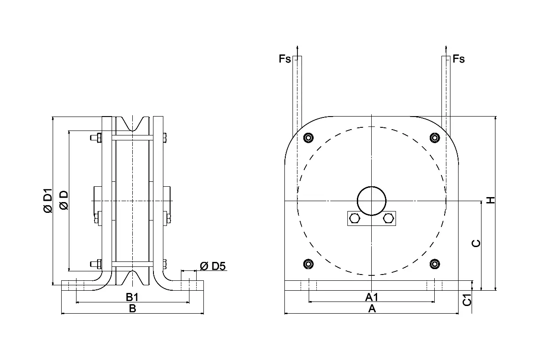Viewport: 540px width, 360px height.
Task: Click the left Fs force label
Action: click(285, 59)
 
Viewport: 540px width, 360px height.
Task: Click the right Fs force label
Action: click(459, 59)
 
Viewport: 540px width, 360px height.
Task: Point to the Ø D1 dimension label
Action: click(48, 201)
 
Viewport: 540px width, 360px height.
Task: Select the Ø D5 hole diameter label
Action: click(212, 266)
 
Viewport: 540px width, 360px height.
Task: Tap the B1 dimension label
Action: click(132, 297)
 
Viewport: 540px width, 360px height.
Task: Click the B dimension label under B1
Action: click(133, 308)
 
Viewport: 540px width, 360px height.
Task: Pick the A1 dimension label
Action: click(372, 297)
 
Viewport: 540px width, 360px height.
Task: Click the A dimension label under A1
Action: click(372, 308)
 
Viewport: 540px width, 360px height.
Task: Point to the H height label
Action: click(490, 200)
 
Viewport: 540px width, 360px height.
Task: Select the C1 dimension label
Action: click(467, 300)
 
